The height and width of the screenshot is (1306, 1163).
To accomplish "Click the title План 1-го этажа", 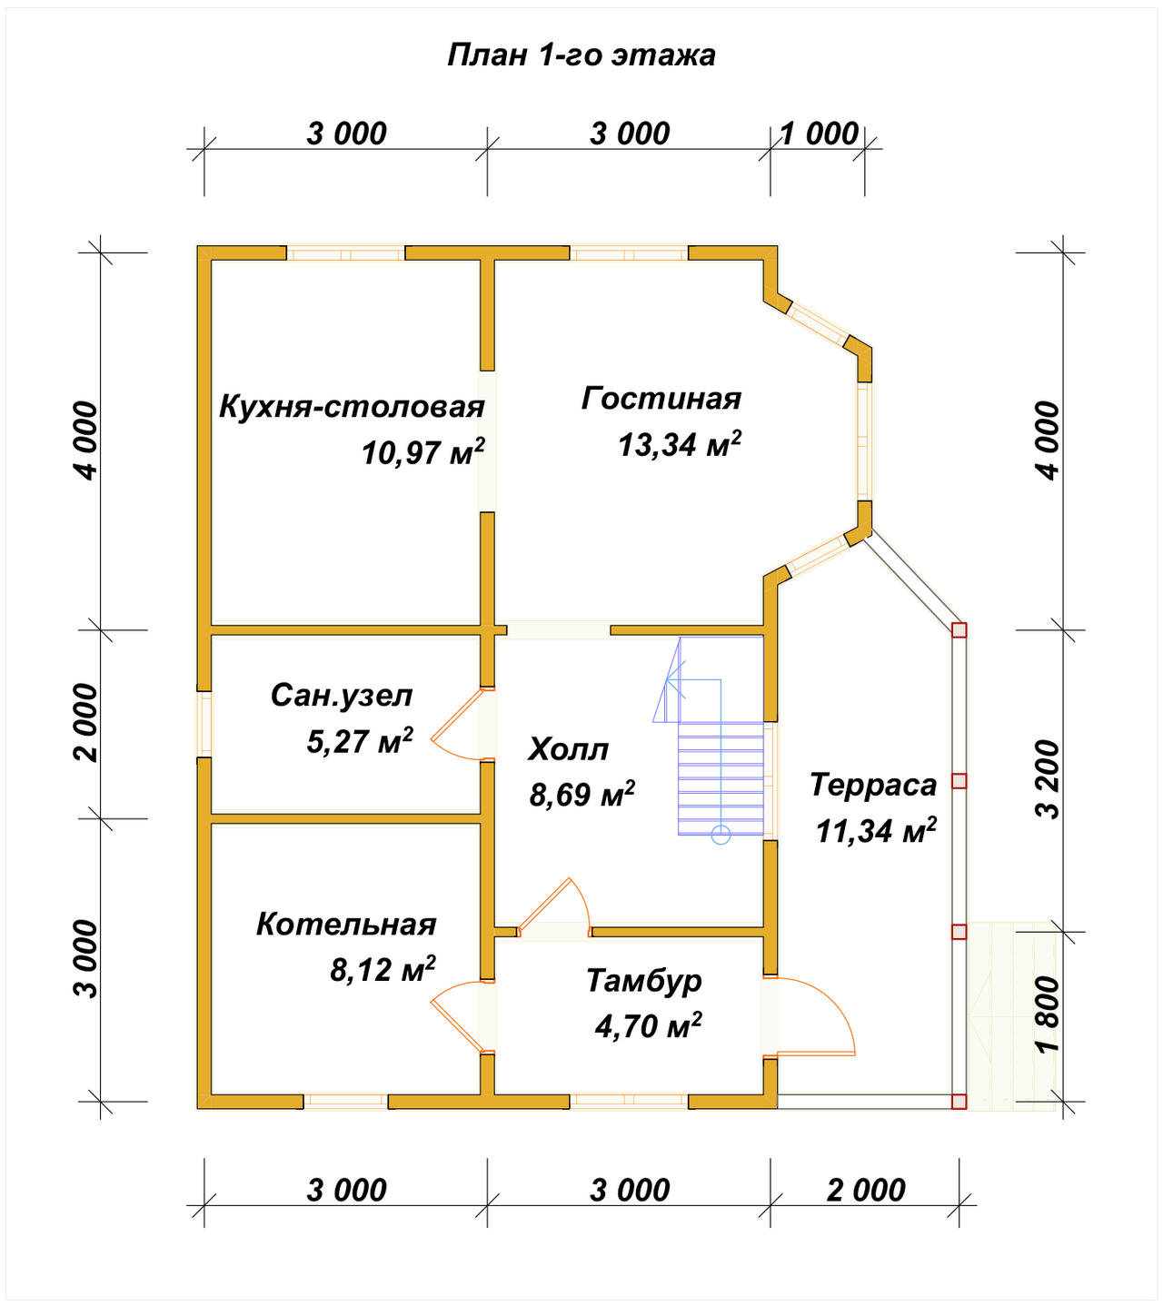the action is click(581, 55).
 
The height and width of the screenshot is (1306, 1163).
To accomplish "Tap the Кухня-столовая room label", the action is click(352, 407).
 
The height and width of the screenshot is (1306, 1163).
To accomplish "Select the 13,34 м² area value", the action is click(680, 445).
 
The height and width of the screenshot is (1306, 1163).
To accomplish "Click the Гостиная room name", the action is click(661, 399).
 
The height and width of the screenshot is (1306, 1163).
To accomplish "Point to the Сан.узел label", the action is click(342, 696).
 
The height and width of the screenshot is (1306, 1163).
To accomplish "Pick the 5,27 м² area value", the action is click(359, 741).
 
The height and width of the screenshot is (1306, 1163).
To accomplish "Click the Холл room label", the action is click(568, 749).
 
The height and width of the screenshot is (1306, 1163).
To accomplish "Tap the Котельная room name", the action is click(346, 925).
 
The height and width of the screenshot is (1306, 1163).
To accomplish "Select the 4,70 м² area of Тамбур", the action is click(648, 1025).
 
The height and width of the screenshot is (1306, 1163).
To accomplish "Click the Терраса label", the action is click(873, 785).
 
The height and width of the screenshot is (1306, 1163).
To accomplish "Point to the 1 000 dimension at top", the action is click(820, 134).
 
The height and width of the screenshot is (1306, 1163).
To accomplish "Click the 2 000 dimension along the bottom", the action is click(866, 1190).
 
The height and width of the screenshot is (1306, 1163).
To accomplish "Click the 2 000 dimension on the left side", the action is click(85, 723).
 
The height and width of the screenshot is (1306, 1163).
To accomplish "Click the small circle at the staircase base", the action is click(721, 836).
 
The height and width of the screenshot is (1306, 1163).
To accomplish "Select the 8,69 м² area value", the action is click(582, 794).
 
